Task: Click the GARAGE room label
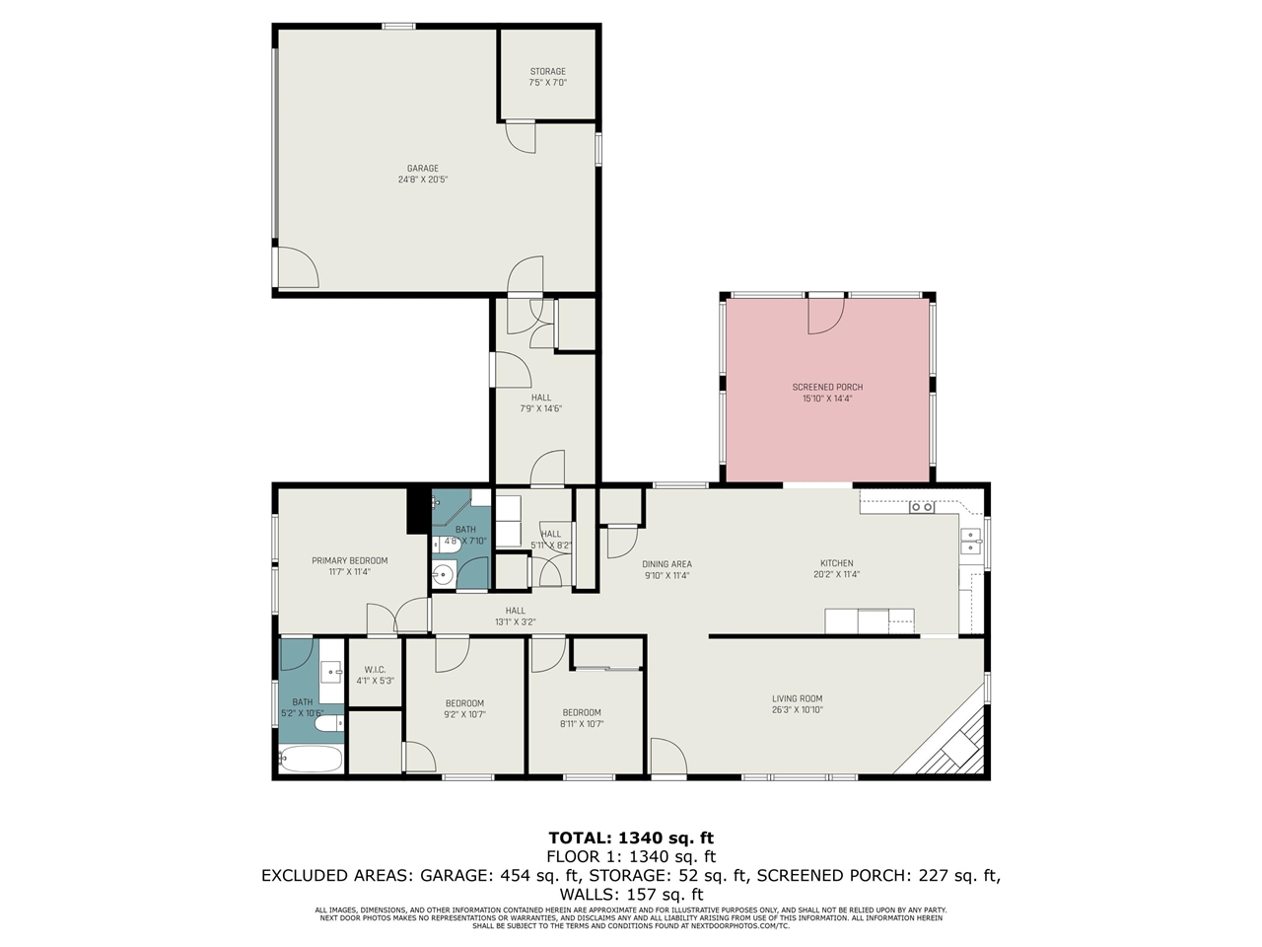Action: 423,169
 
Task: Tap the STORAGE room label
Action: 548,71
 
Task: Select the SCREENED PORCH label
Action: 827,387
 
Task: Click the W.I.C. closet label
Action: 375,670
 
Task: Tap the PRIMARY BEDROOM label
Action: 349,560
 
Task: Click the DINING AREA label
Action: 666,564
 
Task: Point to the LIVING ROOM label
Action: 797,698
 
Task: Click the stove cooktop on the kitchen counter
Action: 922,507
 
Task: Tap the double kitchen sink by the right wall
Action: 970,542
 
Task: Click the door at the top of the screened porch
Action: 826,314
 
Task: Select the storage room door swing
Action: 521,136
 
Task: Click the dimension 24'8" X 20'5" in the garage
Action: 423,181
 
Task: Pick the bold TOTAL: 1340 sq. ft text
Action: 631,838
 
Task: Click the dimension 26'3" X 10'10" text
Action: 797,710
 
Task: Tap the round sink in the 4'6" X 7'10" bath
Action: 442,573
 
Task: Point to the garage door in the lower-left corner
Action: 296,267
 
